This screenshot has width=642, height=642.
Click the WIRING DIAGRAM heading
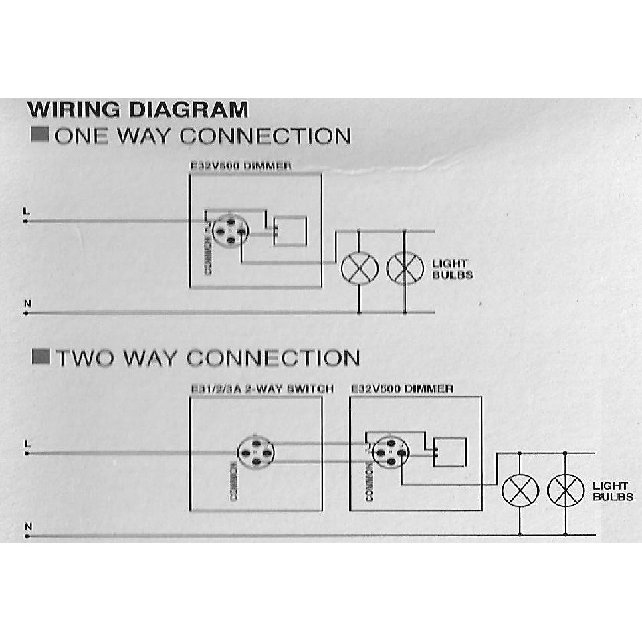pos(138,109)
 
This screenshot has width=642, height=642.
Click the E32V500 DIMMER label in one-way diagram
pos(241,167)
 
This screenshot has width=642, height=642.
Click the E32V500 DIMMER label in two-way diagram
pos(402,389)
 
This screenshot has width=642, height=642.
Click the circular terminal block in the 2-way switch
pos(256,453)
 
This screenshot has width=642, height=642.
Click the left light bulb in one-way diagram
pos(360,268)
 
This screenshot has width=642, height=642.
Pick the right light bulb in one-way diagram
pos(405,268)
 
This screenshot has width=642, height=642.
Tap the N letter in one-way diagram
pos(27,304)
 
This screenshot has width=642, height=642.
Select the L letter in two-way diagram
pos(27,443)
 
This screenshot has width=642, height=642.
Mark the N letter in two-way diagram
pos(27,527)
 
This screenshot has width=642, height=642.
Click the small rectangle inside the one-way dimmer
pos(290,231)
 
